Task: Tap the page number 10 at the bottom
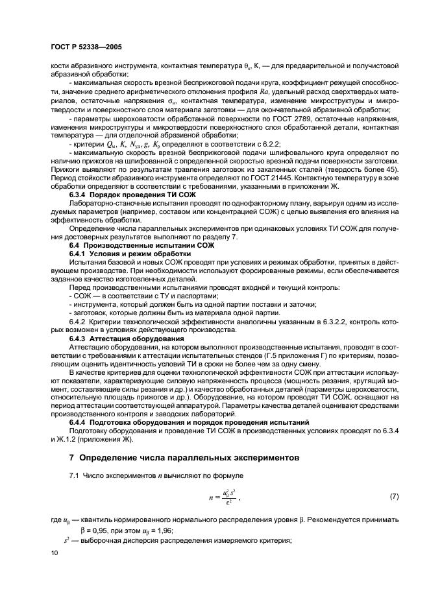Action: coord(56,553)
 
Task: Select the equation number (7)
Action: coord(393,496)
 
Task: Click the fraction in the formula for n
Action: coord(221,497)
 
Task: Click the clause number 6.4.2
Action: coord(79,321)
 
